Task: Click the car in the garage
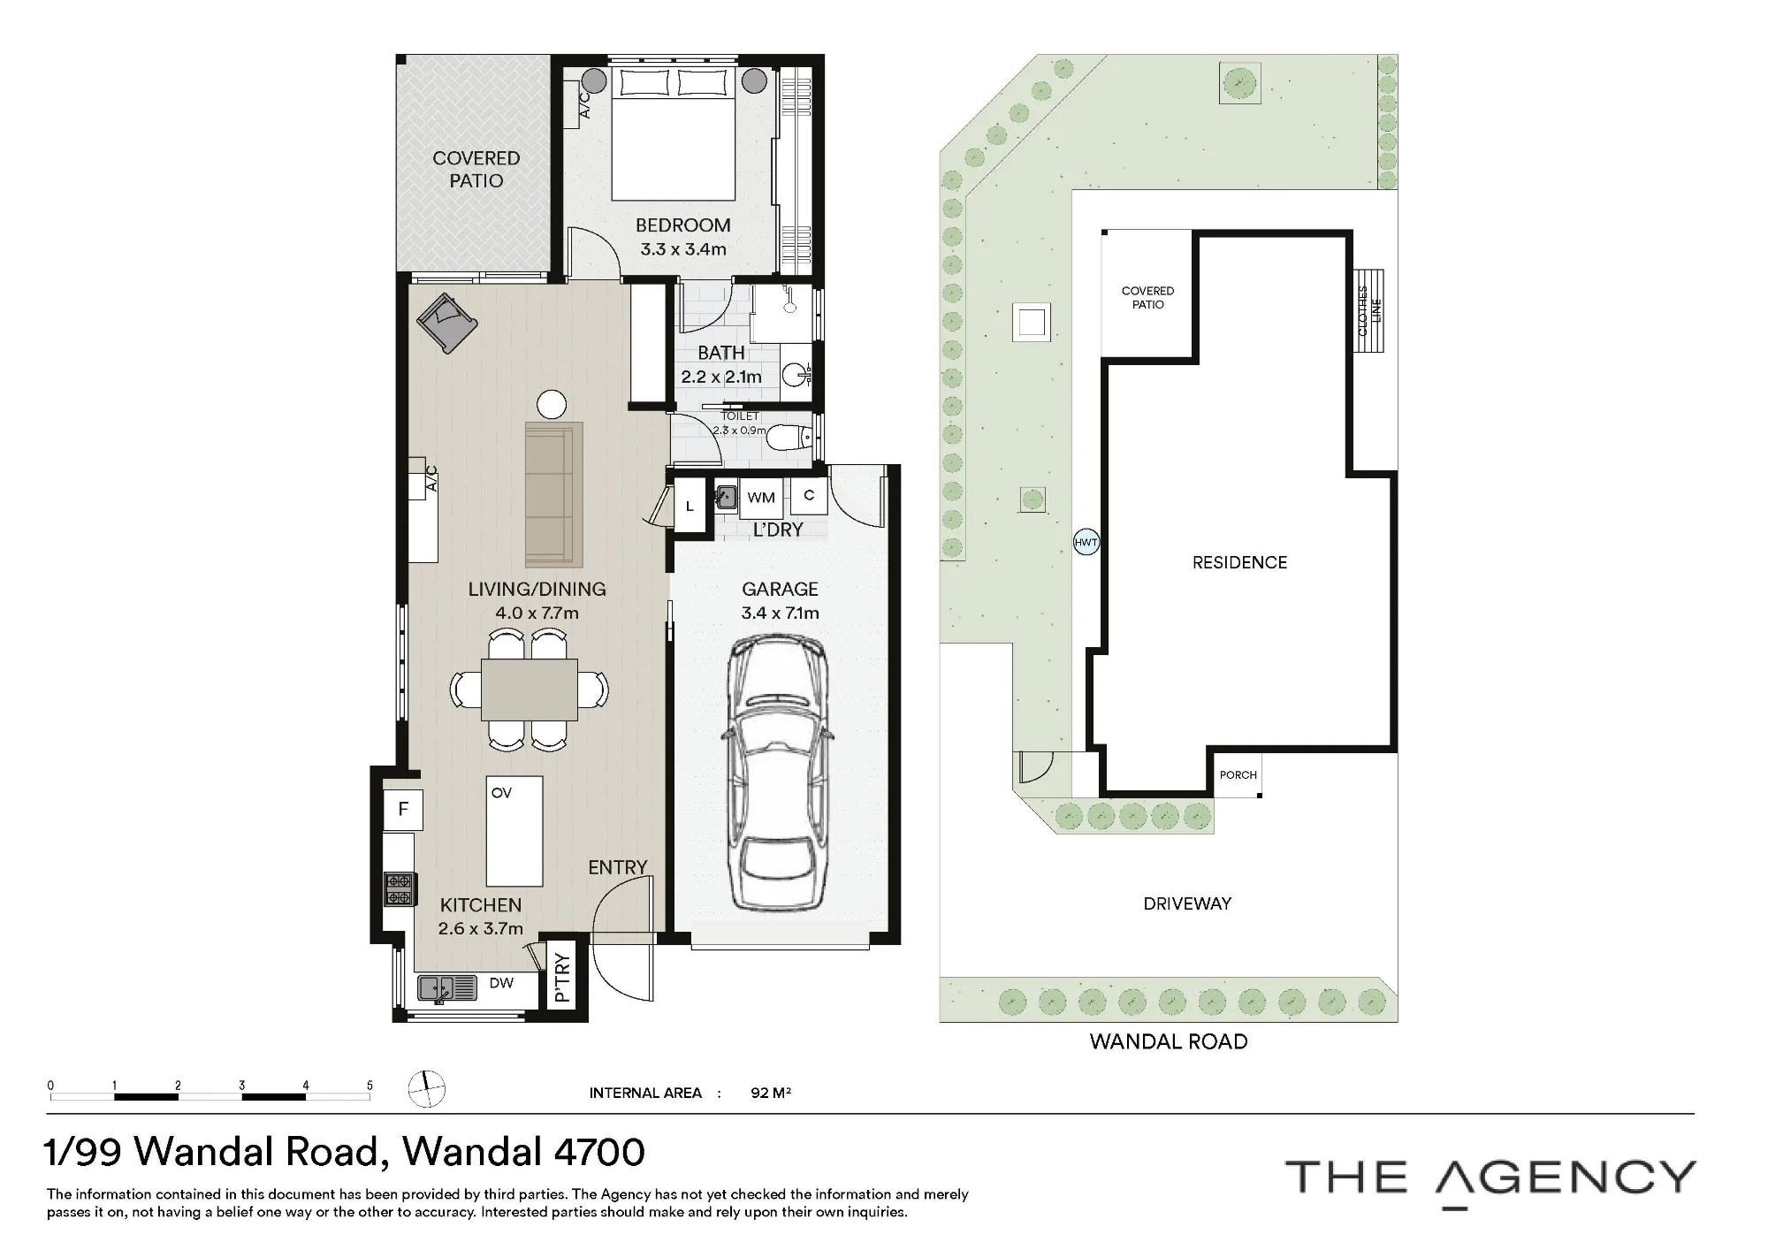point(779,775)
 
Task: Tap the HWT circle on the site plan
point(1086,542)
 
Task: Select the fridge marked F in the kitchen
point(403,809)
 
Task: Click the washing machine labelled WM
point(761,498)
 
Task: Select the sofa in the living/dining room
point(554,495)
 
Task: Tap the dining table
point(530,689)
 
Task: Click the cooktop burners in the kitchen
point(399,888)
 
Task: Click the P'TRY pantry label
point(561,978)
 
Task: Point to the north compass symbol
point(427,1089)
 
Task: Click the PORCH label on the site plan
point(1238,775)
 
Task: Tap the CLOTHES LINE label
point(1368,310)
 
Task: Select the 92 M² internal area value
point(771,1093)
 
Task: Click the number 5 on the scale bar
point(370,1086)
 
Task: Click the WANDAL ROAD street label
point(1169,1041)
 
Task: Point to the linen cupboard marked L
point(690,507)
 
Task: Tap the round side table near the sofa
point(552,405)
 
